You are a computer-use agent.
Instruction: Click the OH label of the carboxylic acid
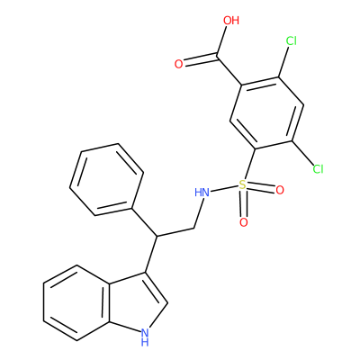(231, 21)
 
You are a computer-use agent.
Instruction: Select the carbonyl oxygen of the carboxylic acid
(179, 64)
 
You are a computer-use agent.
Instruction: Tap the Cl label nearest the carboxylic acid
(291, 40)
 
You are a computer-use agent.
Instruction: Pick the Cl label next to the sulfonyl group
(318, 169)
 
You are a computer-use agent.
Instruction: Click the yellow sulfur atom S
(242, 184)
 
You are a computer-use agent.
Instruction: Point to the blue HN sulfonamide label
(202, 193)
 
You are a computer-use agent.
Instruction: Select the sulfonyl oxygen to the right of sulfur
(280, 190)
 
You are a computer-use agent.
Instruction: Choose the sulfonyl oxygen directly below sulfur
(244, 222)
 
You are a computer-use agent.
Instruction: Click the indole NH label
(145, 337)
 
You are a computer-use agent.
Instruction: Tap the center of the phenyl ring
(107, 180)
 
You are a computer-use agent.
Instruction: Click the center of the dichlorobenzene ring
(267, 113)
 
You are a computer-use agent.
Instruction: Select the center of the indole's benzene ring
(76, 302)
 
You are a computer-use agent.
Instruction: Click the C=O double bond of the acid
(200, 59)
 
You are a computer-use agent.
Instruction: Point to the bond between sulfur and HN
(224, 188)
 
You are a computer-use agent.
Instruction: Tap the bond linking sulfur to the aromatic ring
(249, 165)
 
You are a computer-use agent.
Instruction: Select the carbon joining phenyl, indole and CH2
(157, 236)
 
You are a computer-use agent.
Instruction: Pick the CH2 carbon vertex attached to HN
(193, 229)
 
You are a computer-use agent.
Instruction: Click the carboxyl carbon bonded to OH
(217, 56)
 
